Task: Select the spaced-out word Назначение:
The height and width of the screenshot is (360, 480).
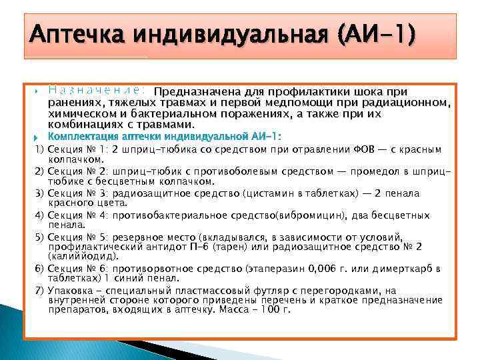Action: click(97, 90)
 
